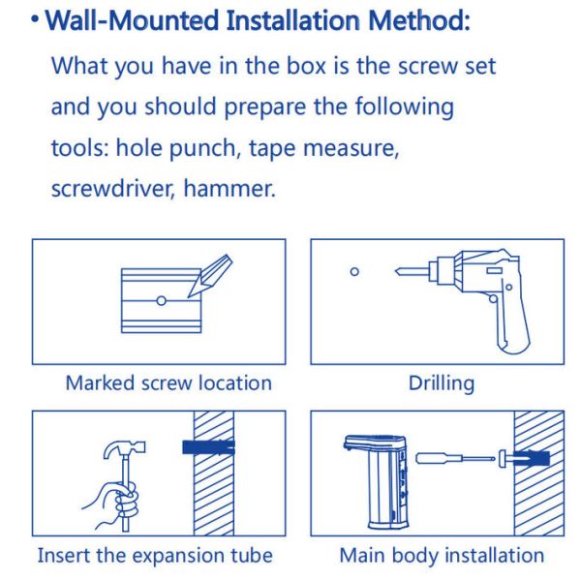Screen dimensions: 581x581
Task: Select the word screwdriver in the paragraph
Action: (112, 188)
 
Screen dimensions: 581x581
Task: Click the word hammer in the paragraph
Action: (229, 188)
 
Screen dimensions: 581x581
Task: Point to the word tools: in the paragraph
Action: (79, 148)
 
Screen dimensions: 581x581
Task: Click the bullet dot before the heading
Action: (35, 19)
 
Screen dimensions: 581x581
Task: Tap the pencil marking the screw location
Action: (210, 275)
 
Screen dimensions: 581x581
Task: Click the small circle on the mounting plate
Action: (161, 300)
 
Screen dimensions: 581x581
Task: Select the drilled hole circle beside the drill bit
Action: (354, 271)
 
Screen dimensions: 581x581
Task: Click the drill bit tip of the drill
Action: (397, 271)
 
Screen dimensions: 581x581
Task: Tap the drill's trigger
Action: (493, 298)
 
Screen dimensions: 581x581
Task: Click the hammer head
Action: (125, 449)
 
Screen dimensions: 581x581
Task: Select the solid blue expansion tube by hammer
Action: (208, 447)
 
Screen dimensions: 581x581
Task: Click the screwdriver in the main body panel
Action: (455, 459)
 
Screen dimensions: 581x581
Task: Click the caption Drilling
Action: (442, 383)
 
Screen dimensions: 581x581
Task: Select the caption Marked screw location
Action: (168, 382)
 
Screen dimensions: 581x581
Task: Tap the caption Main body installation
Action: (442, 556)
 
